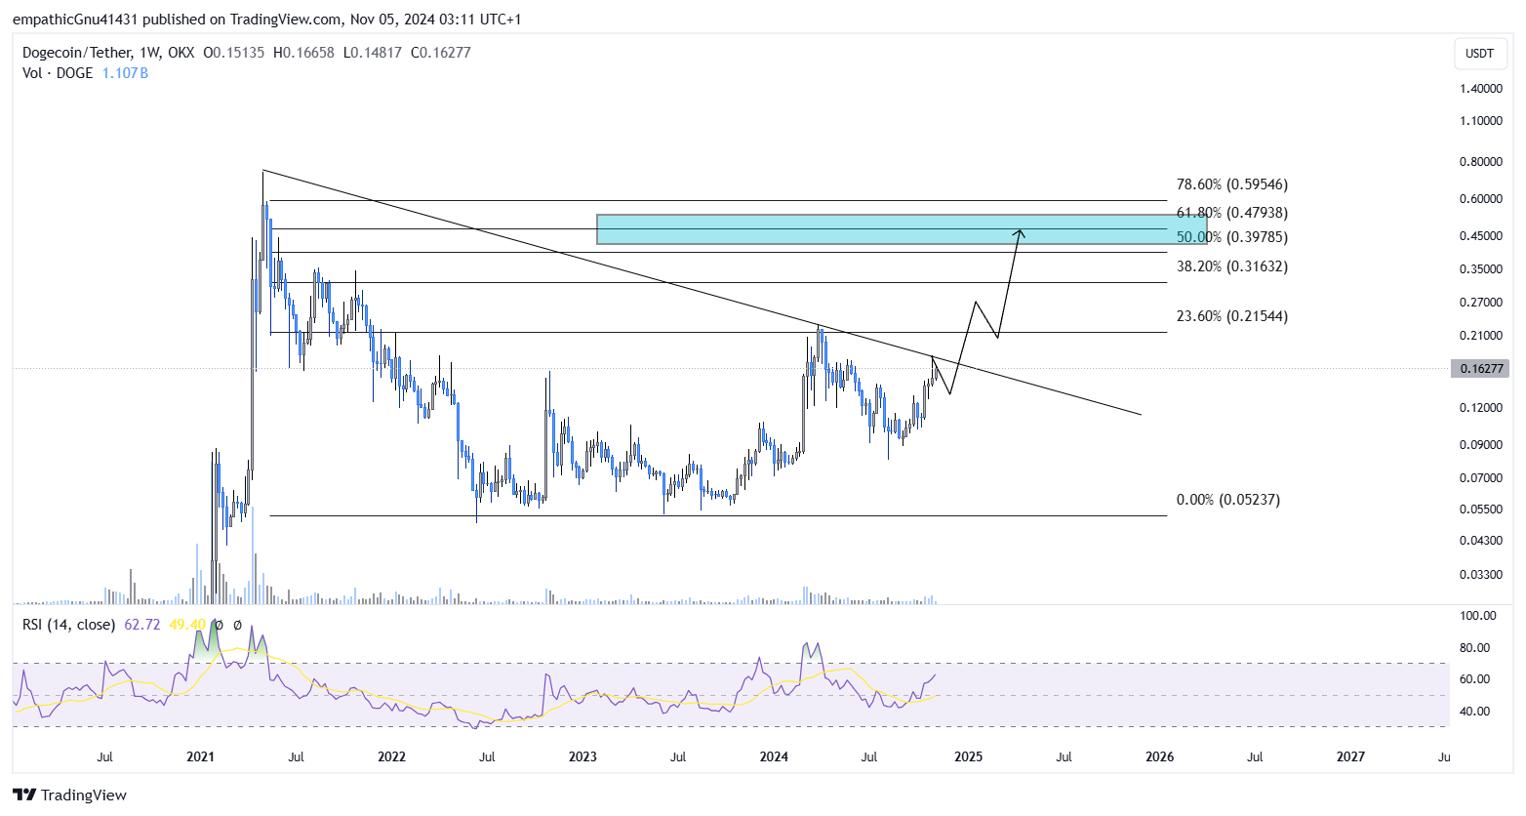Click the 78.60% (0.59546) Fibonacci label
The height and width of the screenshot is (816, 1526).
1231,184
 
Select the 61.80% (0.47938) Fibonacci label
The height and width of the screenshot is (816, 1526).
1231,213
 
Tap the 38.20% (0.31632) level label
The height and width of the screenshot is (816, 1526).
1231,266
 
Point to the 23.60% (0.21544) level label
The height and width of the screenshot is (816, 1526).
1231,316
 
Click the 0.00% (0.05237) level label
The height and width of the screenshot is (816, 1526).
1227,500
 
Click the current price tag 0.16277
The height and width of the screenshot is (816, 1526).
1480,369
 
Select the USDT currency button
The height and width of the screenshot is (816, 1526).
1479,53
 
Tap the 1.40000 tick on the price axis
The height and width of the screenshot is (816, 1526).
1480,89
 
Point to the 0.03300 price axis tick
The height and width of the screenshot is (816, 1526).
1480,574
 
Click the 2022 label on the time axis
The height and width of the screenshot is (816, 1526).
391,756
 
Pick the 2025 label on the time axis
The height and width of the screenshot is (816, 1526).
968,756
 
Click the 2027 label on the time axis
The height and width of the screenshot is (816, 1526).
1350,756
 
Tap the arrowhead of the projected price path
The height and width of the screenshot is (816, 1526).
1020,232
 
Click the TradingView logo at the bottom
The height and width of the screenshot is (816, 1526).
70,795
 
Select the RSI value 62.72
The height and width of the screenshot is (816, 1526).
142,625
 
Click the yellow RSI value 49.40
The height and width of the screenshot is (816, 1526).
187,625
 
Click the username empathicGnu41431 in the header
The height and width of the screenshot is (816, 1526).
79,20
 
